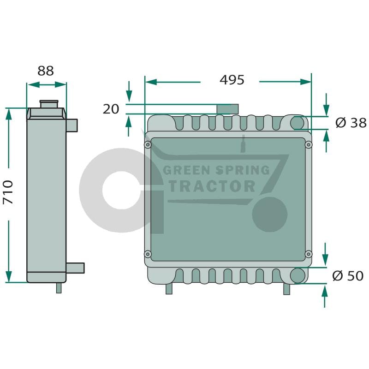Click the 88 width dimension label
pos(46,71)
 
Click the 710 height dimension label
pos(8,192)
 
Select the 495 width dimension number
pos(232,80)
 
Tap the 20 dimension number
pos(111,109)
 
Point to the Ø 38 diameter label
pos(351,123)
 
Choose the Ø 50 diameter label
pos(348,276)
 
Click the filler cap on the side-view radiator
pos(49,104)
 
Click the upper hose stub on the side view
pos(72,125)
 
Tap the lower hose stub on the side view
pos(75,268)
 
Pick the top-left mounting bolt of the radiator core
pos(148,144)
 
